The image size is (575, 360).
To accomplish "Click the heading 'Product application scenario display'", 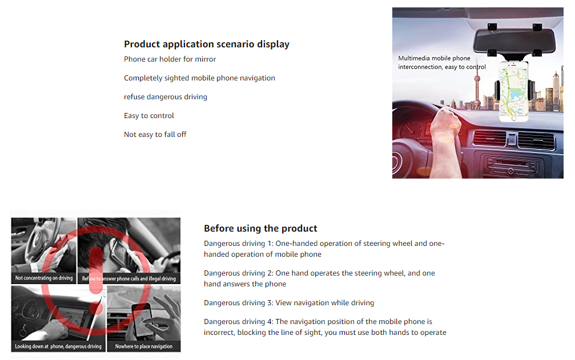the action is coord(207,45).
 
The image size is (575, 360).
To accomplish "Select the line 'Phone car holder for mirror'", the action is coord(170,59).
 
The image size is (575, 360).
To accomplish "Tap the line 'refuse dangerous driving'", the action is coord(166,96).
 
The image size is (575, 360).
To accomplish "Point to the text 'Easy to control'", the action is coord(149,116).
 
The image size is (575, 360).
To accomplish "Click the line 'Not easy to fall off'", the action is coord(155,135).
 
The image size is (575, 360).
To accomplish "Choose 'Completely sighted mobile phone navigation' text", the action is coord(199,78).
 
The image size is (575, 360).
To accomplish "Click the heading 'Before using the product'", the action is coord(260,229).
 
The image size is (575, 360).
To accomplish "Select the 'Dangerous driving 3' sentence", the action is coord(289,303).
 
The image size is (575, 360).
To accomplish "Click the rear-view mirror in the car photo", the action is coord(514,41).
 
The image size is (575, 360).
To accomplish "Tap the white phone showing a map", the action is coord(514,91).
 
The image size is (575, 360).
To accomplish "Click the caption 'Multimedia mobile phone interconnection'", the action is coord(442,63).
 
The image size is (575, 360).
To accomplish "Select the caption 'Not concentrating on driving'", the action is coord(44,278).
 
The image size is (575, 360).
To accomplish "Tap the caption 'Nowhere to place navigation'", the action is coord(144,346).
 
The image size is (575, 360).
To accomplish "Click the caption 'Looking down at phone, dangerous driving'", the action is coord(58,346).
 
